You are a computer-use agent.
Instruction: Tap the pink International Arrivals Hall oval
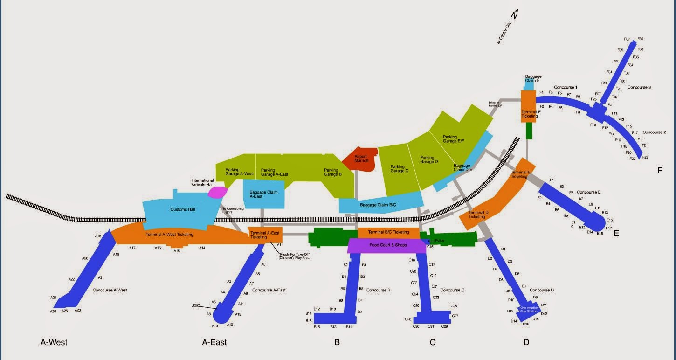pos(217,191)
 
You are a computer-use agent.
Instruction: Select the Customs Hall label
pos(182,209)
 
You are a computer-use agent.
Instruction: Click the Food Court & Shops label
pos(388,245)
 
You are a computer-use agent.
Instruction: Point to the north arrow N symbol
pos(515,15)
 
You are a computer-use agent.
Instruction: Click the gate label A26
pos(53,312)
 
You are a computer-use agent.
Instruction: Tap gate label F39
pos(640,39)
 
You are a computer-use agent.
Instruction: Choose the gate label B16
pos(308,321)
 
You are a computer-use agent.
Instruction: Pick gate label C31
pos(431,326)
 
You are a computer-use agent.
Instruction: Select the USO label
pos(195,305)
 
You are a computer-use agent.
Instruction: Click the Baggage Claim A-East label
pos(262,194)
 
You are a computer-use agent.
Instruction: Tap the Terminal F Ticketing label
pos(530,114)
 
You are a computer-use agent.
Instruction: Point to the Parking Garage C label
pos(400,168)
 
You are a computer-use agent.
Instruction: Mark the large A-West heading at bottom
pos(54,342)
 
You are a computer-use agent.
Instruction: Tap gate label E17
pos(609,228)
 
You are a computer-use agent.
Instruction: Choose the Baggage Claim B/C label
pos(378,204)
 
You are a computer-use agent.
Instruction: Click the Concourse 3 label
pos(639,87)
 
